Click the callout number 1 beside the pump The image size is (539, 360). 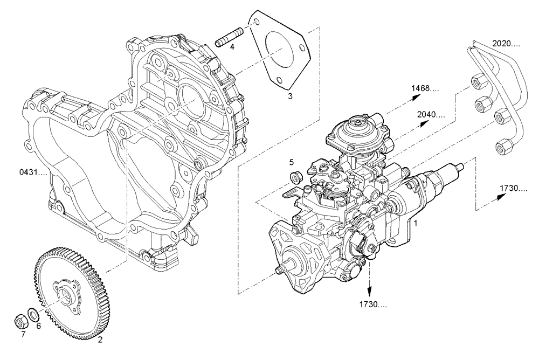(x=415, y=221)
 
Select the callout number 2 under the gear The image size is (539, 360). (x=100, y=340)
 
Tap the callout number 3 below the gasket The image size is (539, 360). (x=289, y=96)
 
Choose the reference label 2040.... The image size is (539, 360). (x=431, y=114)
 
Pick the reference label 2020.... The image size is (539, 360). (x=506, y=43)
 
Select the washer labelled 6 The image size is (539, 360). (x=33, y=314)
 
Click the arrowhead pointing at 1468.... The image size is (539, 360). (x=416, y=96)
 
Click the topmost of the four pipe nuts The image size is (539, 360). (x=476, y=82)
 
